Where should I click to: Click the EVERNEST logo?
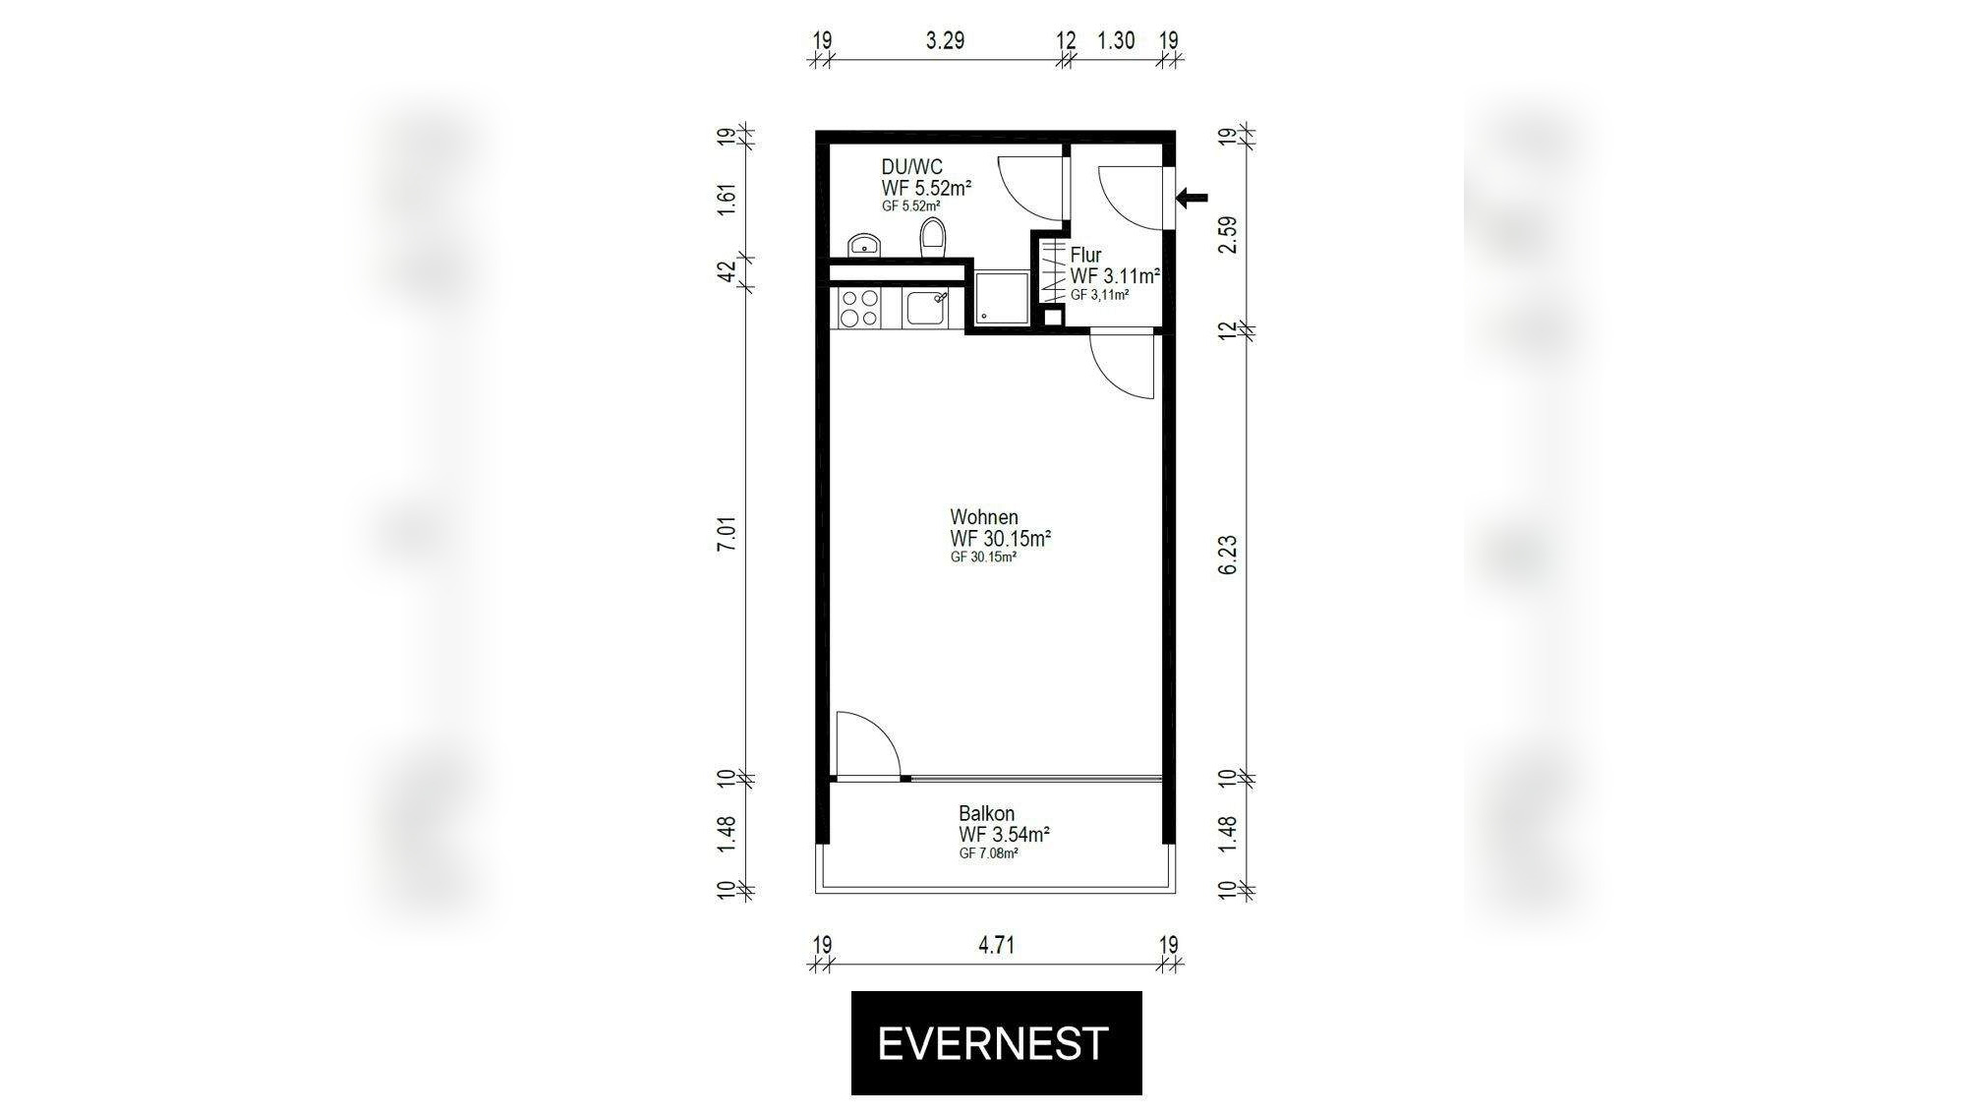(x=996, y=1043)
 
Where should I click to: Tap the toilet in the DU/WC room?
(x=933, y=239)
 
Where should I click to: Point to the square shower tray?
(x=1002, y=299)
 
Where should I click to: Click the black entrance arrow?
(x=1193, y=199)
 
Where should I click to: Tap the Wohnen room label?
(x=984, y=517)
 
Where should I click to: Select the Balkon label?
(x=986, y=814)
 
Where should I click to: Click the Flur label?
(x=1085, y=256)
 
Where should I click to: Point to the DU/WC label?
(x=911, y=167)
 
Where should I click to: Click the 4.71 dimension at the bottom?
(x=996, y=946)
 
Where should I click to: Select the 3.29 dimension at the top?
(x=945, y=40)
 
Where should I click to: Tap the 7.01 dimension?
(x=727, y=532)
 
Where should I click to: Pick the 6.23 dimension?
(x=1228, y=556)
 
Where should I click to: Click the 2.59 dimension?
(x=1228, y=235)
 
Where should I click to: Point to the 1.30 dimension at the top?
(x=1116, y=40)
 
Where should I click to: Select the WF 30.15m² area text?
(x=1001, y=539)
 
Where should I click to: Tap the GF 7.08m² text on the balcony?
(x=988, y=853)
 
